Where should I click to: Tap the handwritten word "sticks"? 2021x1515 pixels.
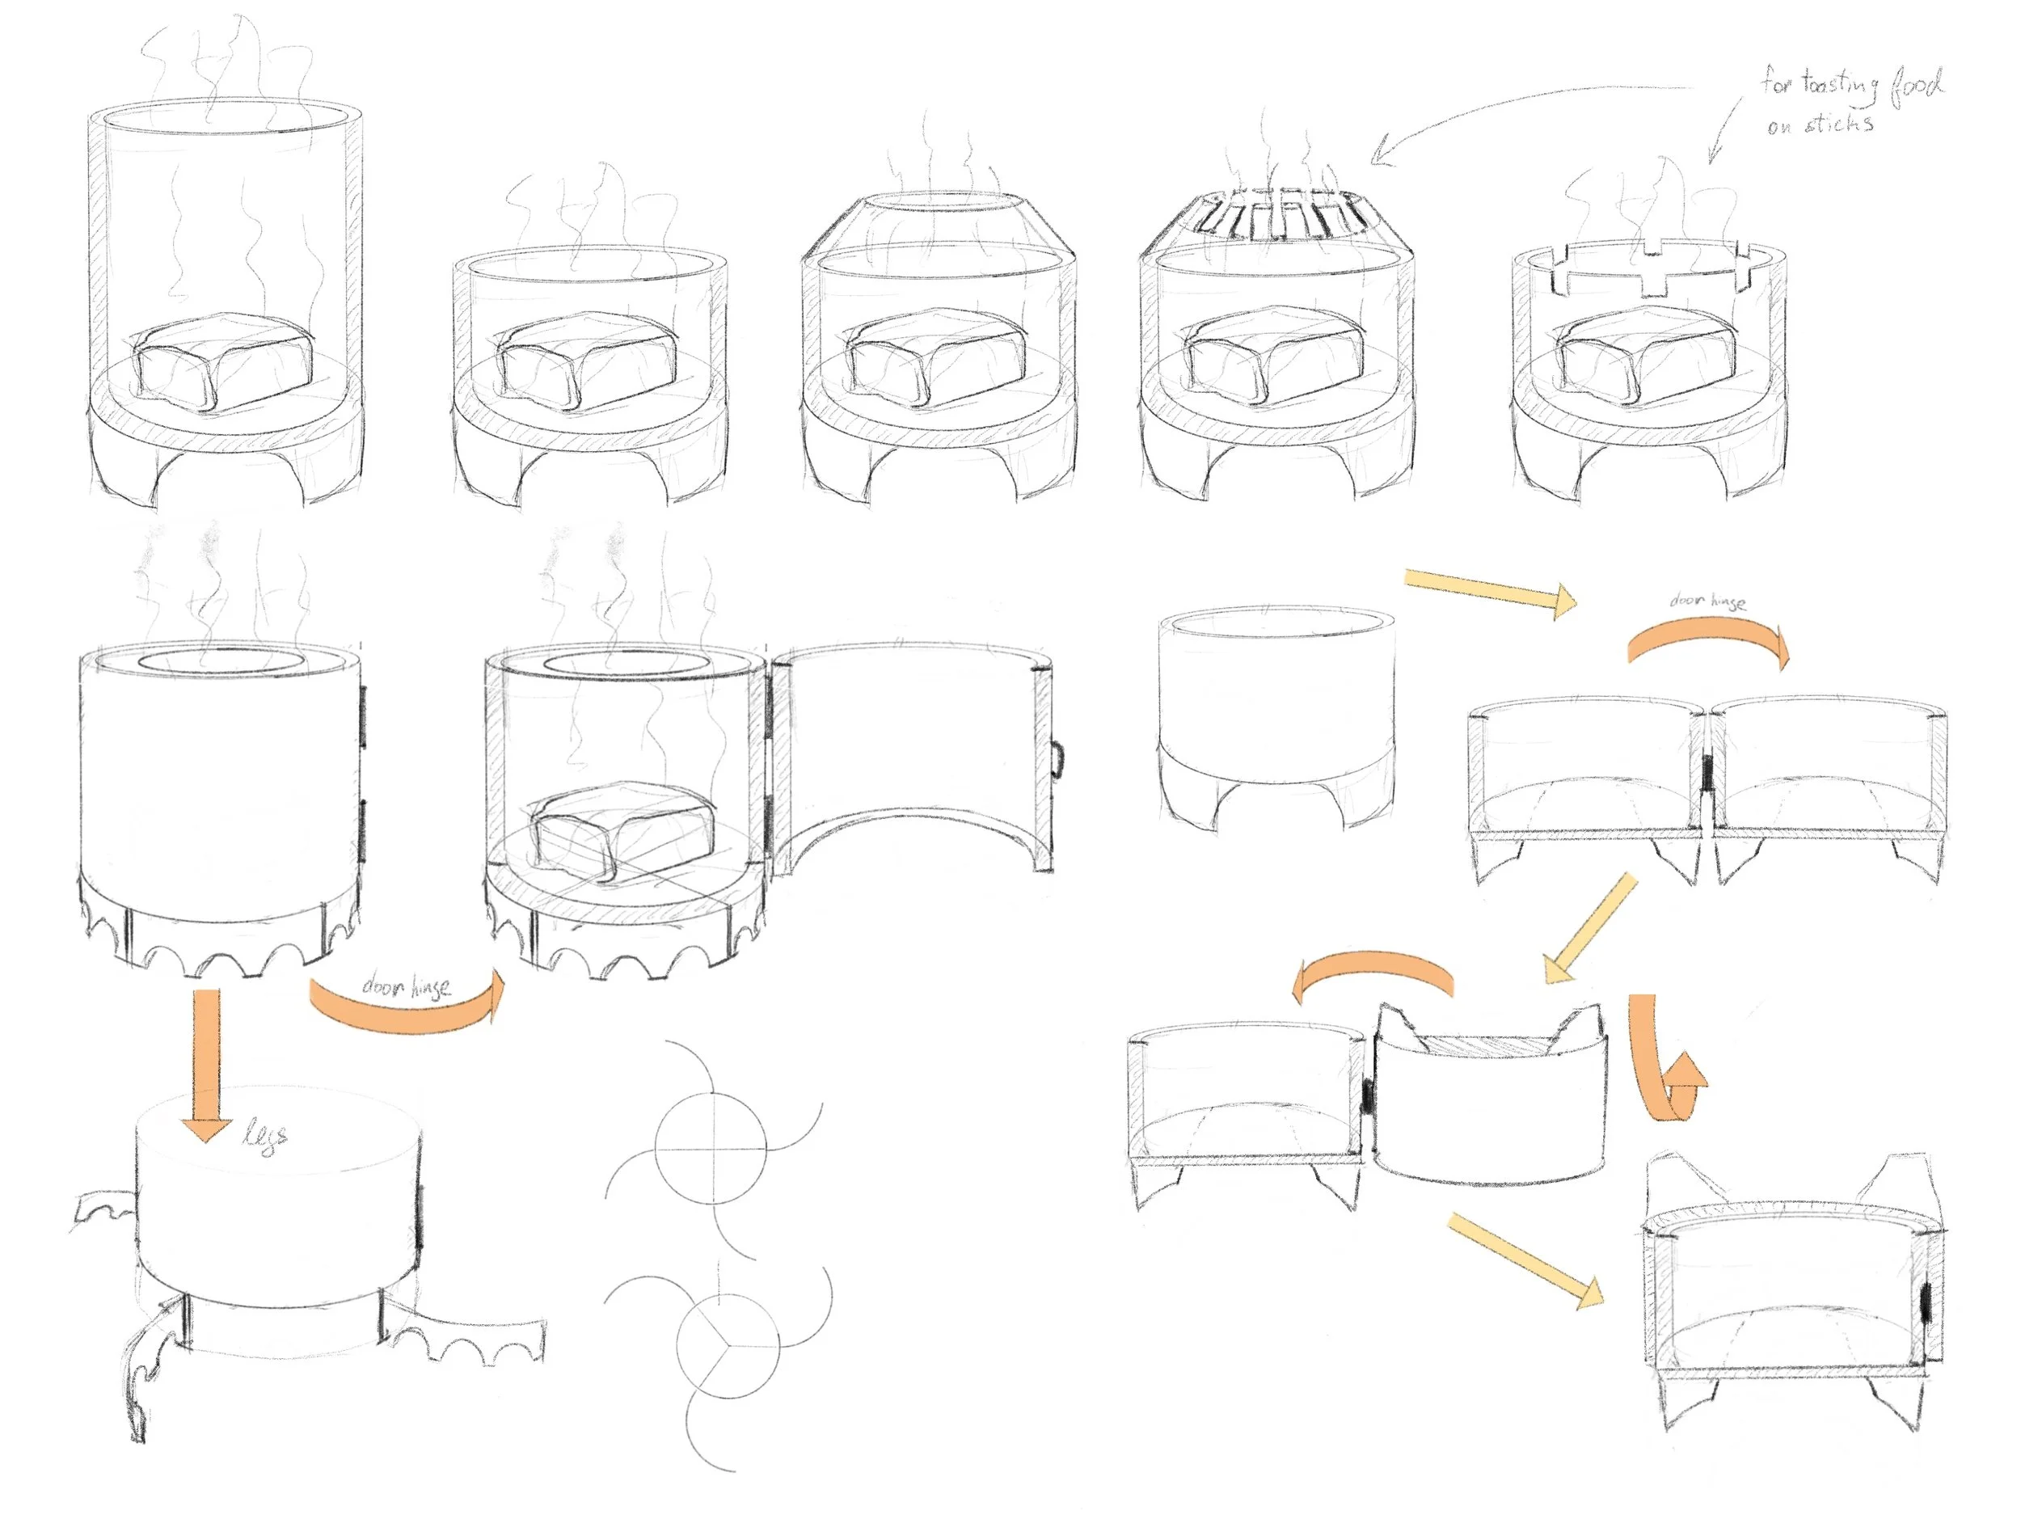1839,122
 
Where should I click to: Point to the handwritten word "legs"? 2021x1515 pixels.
266,1137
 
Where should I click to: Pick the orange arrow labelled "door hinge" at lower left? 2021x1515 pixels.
407,1005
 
